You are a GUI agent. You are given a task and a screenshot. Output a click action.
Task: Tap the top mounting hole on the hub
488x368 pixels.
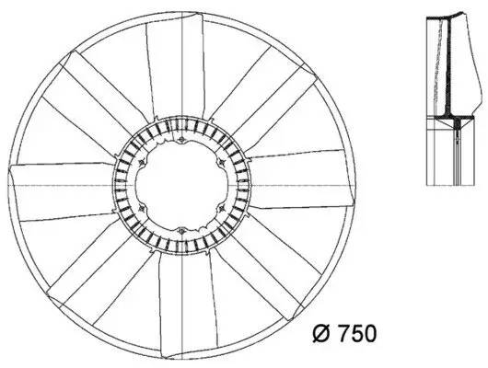coord(183,141)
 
